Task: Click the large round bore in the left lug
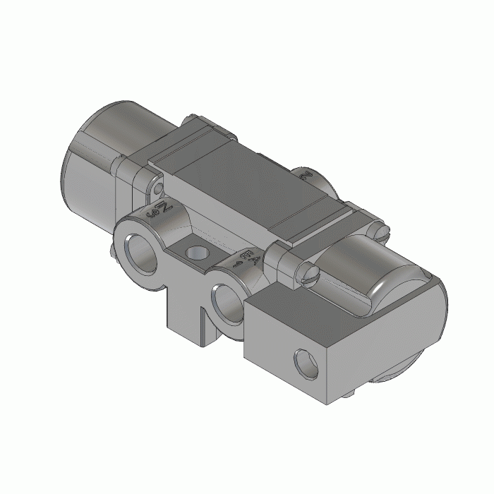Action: pyautogui.click(x=142, y=253)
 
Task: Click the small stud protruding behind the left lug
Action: pyautogui.click(x=115, y=248)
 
